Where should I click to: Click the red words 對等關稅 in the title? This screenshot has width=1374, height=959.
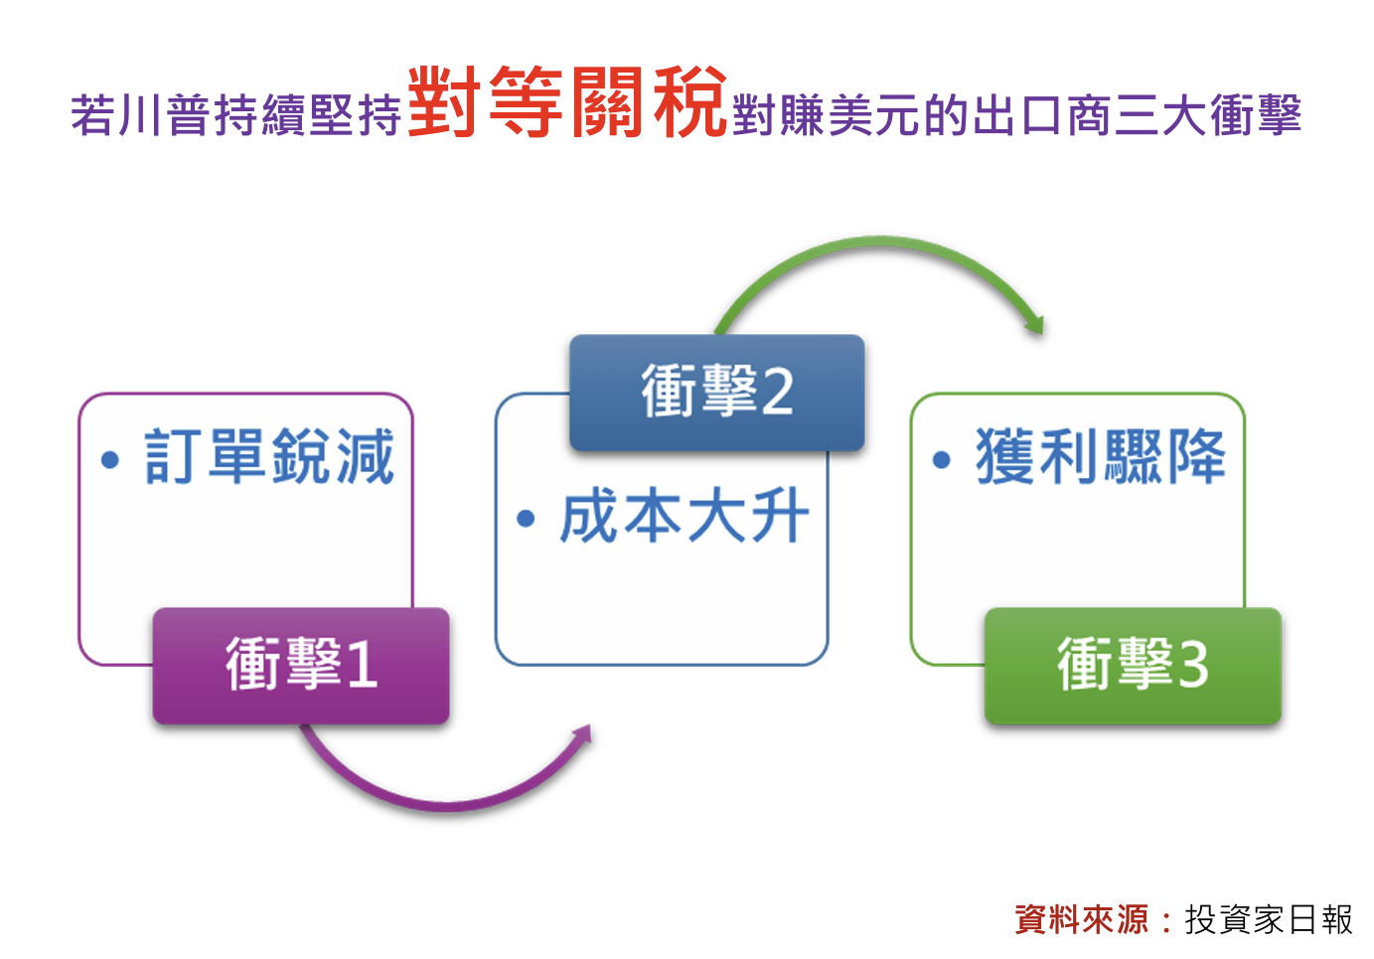567,101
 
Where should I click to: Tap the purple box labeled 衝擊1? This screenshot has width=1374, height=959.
301,666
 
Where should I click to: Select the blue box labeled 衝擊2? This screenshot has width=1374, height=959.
717,393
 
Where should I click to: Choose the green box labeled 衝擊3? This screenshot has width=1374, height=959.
1133,666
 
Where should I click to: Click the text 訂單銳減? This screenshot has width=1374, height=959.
268,456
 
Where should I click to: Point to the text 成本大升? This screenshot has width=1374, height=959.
685,516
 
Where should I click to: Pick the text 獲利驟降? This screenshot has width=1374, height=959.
1101,456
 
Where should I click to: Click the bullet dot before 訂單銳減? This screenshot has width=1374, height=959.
110,459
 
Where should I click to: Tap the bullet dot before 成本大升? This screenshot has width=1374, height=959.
526,519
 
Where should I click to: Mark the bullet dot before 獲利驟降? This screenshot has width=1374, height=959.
942,459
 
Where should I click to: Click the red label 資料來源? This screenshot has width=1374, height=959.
1081,919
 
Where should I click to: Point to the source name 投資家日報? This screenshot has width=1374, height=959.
1268,919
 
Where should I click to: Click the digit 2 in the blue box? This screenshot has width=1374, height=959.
777,393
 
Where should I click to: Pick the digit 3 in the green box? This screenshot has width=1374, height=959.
1193,666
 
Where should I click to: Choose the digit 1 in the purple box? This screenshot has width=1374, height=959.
363,666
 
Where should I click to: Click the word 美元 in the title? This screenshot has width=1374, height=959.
874,114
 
